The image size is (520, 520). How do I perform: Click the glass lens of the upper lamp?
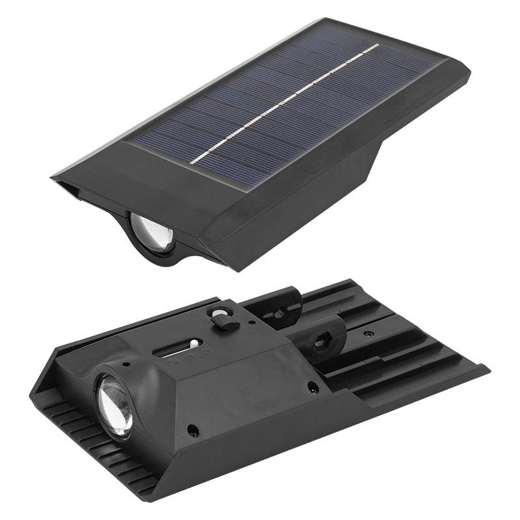point(155,233)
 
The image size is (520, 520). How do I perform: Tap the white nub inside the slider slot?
point(192,343)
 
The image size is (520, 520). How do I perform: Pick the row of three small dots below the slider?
point(181,356)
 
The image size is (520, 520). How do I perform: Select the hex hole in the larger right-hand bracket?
point(322,341)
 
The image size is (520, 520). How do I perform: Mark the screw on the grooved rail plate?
point(369,334)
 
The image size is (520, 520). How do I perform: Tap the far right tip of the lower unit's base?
point(486,369)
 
